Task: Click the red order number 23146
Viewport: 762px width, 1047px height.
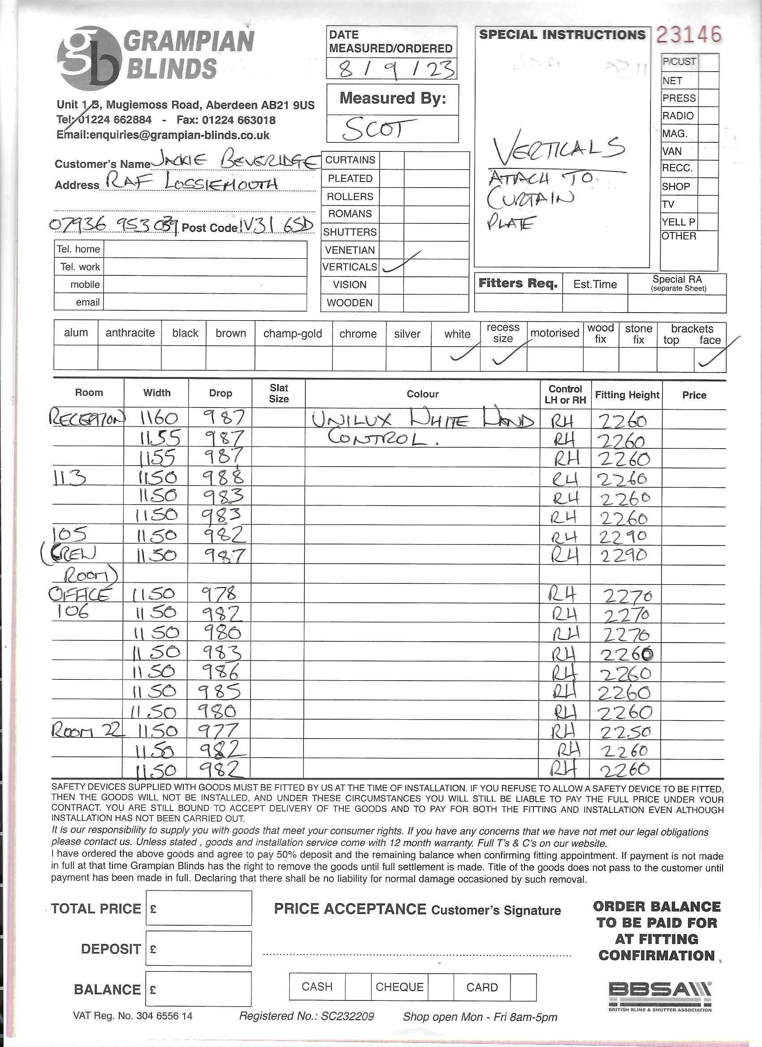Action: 688,34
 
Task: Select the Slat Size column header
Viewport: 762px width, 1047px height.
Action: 279,393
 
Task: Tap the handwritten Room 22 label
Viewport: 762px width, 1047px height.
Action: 87,730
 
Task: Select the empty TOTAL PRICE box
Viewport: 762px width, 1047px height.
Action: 199,908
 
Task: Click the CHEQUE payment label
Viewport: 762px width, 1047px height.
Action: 399,987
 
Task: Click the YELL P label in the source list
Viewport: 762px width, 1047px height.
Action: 678,222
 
